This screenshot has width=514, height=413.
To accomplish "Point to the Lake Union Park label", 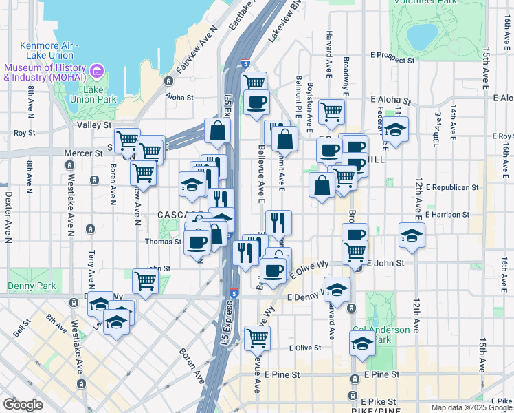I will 99,95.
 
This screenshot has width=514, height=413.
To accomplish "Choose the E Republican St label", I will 451,187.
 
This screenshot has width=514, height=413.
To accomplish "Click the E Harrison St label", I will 447,215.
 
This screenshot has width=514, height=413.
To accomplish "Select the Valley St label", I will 94,125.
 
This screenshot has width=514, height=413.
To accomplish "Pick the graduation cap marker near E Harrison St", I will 412,235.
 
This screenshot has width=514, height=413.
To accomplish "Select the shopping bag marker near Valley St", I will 217,130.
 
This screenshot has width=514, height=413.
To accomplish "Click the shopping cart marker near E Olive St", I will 257,337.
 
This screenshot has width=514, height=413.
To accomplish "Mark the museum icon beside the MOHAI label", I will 96,72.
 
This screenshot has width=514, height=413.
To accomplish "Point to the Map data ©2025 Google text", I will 471,407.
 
